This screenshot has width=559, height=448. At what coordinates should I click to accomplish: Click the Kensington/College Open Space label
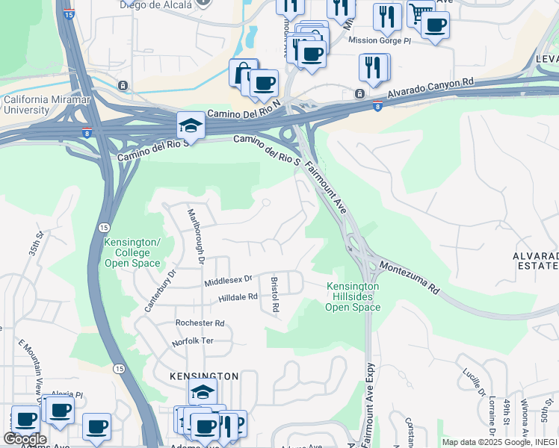[x=132, y=253]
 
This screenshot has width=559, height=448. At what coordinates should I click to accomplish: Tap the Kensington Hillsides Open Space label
[x=353, y=296]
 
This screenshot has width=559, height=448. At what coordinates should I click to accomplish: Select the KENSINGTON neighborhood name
[x=204, y=376]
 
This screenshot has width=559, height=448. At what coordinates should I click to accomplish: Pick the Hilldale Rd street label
[x=238, y=297]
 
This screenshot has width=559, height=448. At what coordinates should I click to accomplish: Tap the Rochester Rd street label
[x=200, y=323]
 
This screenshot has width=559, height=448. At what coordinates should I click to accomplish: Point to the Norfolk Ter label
[x=193, y=341]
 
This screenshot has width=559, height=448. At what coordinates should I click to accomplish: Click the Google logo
[x=24, y=439]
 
